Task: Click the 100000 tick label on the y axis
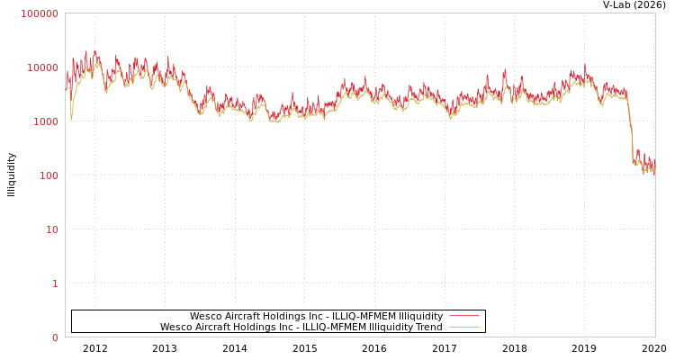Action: [40, 13]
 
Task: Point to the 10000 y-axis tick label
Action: [42, 67]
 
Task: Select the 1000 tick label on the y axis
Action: [45, 121]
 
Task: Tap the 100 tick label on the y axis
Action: [48, 175]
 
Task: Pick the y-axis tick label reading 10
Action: [51, 229]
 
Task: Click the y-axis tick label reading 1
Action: [55, 283]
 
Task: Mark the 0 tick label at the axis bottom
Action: [55, 337]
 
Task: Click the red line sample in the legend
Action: [463, 316]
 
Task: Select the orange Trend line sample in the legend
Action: [463, 327]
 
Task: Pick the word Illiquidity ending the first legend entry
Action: [420, 316]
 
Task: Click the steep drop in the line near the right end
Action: [631, 135]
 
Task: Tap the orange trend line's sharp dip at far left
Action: [71, 117]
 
